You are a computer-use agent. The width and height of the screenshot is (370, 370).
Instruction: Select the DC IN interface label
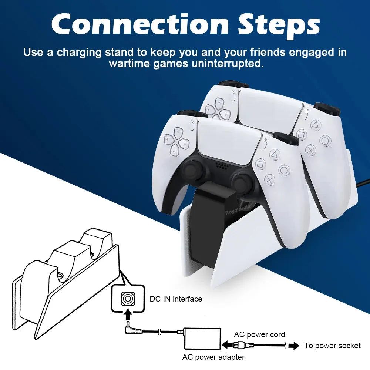[176, 299]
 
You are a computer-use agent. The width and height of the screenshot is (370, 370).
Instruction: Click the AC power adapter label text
[213, 357]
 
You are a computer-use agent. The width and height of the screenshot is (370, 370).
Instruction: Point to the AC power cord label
[259, 334]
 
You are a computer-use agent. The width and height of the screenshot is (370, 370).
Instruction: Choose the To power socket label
[332, 346]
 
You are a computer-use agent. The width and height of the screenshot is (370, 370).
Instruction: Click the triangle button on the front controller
[275, 153]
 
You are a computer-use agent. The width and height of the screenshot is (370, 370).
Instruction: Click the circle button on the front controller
[284, 170]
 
